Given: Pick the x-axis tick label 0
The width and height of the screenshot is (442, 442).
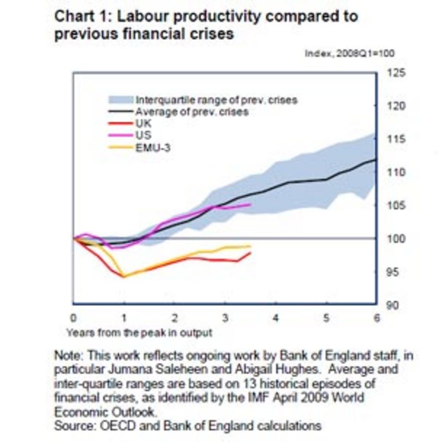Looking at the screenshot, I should tap(73, 318).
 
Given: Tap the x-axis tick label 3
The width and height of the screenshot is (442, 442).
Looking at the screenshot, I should tap(225, 318).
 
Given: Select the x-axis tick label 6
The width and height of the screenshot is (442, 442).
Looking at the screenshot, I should tap(376, 318).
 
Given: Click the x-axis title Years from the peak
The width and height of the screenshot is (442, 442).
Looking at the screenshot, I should tap(139, 333).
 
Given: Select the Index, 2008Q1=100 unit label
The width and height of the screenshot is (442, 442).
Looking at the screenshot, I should tap(349, 54).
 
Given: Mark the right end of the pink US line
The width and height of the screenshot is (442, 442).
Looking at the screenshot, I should tap(251, 204).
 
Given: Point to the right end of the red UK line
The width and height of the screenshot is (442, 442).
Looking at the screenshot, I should tap(251, 253).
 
